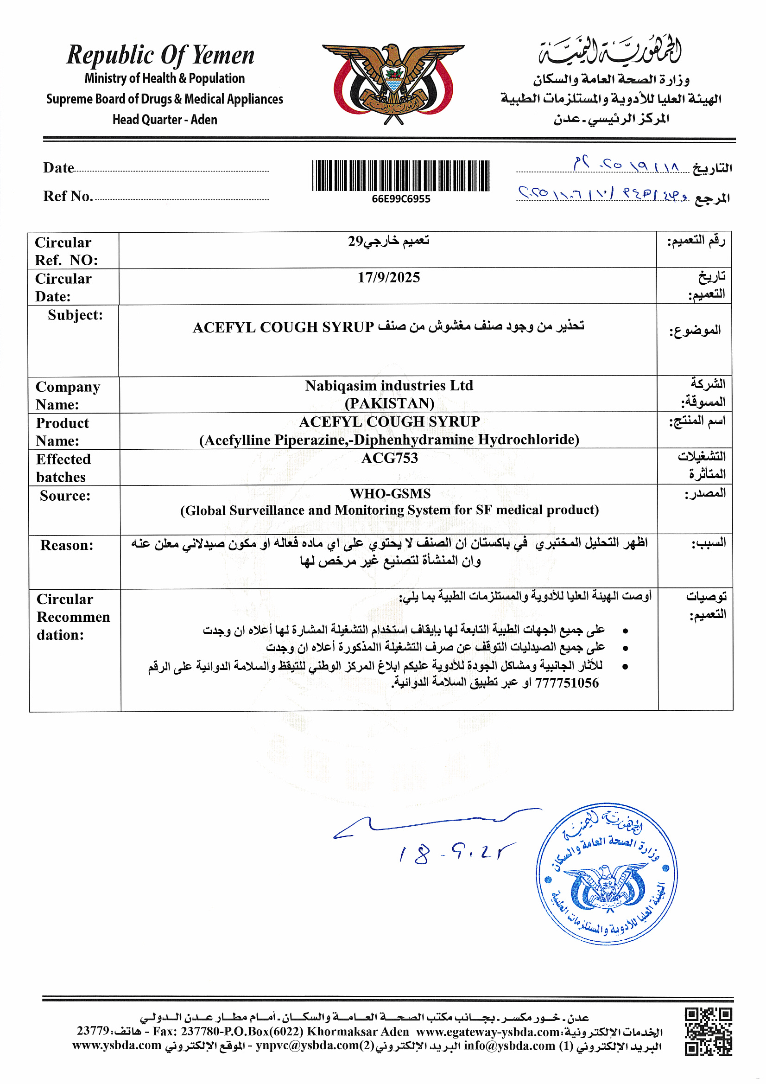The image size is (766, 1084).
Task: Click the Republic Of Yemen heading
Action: click(x=160, y=55)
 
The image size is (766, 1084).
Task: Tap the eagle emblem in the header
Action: click(x=393, y=83)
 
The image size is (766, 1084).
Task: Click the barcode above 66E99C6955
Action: click(x=401, y=176)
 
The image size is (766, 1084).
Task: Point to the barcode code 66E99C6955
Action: click(x=401, y=199)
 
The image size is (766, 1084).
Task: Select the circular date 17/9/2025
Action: click(x=388, y=277)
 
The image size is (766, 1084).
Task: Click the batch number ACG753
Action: click(x=389, y=458)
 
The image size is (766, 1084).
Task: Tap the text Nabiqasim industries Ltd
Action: click(x=389, y=386)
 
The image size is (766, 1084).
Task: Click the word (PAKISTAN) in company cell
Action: click(x=389, y=404)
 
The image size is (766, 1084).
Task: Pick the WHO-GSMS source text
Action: click(x=390, y=493)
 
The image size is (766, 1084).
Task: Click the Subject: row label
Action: click(x=75, y=315)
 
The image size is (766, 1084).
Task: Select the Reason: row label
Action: click(x=67, y=545)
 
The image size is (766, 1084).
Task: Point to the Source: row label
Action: click(x=65, y=496)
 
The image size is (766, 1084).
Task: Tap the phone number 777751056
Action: click(x=566, y=682)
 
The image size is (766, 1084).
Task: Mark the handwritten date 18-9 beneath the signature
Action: click(x=456, y=853)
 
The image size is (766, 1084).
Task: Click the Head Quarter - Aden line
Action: click(x=165, y=120)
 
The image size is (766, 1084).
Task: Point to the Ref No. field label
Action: click(x=68, y=196)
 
